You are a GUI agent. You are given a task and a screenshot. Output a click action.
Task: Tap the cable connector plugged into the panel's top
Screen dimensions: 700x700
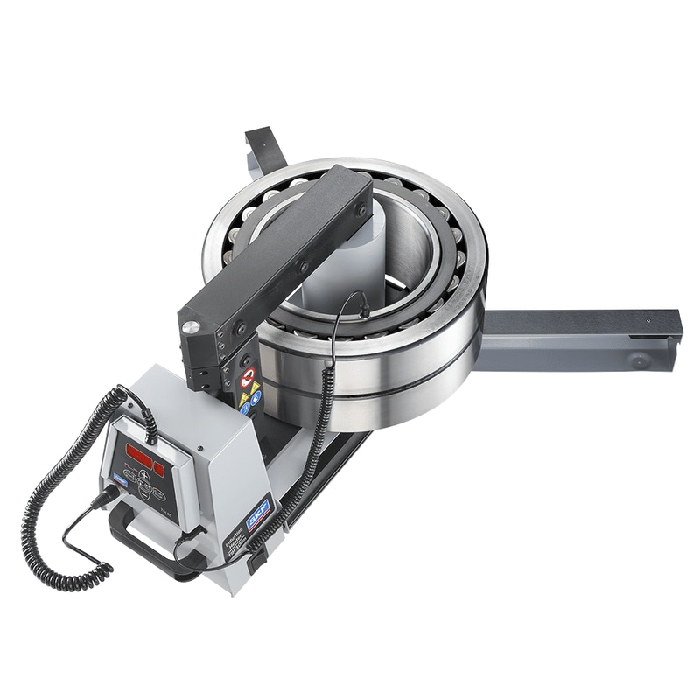click(147, 426)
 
